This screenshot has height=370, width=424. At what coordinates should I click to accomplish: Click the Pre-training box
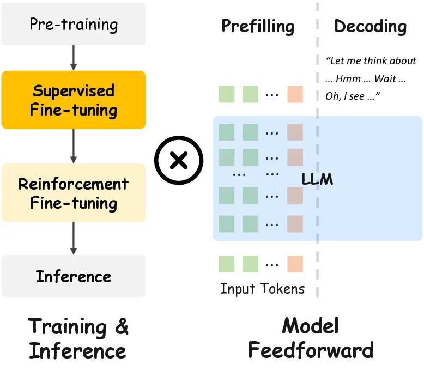[74, 25]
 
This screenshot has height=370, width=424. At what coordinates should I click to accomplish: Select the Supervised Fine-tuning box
[74, 100]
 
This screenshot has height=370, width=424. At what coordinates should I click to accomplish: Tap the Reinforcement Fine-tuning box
[74, 193]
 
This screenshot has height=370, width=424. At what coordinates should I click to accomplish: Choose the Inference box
[74, 276]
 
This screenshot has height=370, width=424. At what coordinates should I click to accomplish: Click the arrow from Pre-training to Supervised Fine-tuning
[74, 58]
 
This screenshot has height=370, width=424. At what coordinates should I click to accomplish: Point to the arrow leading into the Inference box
[74, 239]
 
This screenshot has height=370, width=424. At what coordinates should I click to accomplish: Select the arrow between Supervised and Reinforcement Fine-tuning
[74, 146]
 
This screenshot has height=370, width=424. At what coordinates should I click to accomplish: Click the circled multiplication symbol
[178, 160]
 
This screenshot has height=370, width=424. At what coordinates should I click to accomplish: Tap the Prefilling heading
[258, 26]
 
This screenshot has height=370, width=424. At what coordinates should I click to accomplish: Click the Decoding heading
[370, 26]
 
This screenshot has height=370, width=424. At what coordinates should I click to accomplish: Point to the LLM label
[317, 179]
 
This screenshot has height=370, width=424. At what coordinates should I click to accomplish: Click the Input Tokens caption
[262, 288]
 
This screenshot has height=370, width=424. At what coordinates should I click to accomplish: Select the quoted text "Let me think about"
[371, 61]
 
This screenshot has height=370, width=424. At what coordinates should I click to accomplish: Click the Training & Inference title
[78, 338]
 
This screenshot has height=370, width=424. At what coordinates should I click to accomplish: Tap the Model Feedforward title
[311, 338]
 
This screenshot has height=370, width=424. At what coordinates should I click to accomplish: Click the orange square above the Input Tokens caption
[295, 264]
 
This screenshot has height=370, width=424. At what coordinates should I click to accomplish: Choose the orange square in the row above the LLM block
[295, 94]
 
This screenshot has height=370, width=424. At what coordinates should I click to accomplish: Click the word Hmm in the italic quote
[348, 78]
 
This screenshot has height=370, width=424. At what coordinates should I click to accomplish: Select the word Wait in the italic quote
[385, 78]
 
